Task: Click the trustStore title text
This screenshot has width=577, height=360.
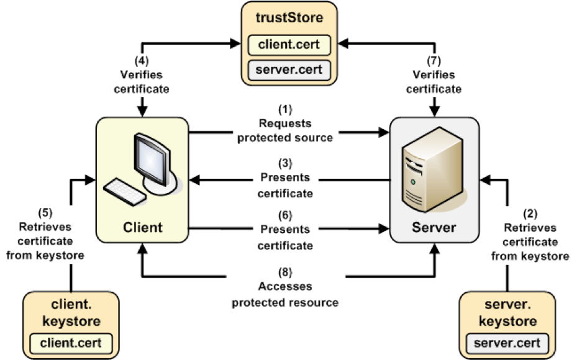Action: [289, 17]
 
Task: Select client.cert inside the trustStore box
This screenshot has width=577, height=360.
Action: [289, 44]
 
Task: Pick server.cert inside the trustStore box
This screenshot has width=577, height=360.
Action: [289, 68]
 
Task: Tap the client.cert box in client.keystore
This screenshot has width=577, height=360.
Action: [71, 342]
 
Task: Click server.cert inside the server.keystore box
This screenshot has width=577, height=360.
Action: [507, 342]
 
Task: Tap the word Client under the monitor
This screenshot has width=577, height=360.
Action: [143, 227]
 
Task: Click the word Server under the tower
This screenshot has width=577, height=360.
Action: [434, 227]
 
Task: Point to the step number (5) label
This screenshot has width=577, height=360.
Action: [46, 212]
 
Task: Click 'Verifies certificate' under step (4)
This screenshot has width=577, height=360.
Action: [143, 82]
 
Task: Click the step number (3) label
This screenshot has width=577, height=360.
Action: [285, 164]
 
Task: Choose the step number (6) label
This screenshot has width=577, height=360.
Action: [285, 216]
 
